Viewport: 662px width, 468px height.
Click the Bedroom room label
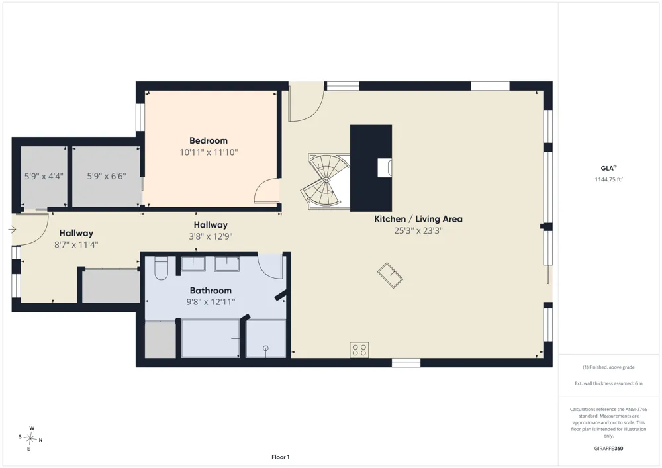coord(208,140)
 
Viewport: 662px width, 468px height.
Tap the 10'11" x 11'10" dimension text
coord(209,152)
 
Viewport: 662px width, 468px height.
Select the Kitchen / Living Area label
coord(418,219)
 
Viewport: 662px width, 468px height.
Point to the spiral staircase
coord(326,181)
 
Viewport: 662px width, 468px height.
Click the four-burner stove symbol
coord(359,350)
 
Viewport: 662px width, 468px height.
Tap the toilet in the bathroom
coord(162,268)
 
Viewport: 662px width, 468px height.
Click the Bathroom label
coord(211,291)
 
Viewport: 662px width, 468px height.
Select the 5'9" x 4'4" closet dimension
coord(44,176)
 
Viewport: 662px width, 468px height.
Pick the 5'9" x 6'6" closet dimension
coord(107,176)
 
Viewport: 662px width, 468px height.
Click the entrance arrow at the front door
coord(12,230)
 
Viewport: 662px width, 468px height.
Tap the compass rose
coord(30,439)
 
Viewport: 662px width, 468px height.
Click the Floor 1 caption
coord(280,457)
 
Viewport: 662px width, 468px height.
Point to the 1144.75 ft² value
coord(608,179)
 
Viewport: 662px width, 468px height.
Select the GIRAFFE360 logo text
coord(608,449)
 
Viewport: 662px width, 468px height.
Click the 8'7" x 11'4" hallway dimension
coord(76,245)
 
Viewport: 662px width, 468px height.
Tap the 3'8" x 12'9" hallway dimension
coord(211,237)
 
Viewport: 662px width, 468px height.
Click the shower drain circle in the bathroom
coord(265,348)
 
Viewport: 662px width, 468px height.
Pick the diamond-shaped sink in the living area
coord(390,275)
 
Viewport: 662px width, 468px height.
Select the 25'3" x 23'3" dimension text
coord(418,231)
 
